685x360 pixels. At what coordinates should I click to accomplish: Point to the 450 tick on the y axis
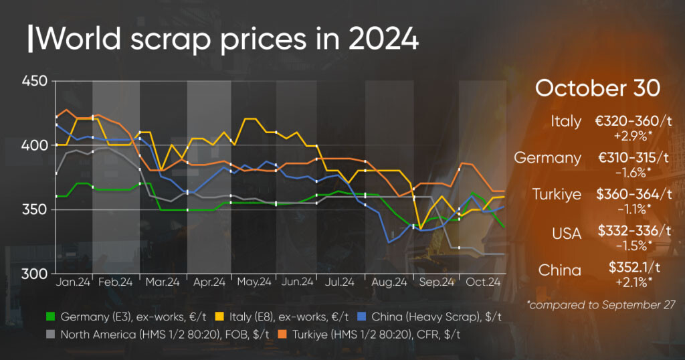pyautogui.click(x=35, y=81)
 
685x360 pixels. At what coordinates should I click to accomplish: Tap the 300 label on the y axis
pyautogui.click(x=35, y=274)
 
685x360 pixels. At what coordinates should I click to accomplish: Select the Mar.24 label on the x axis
pyautogui.click(x=163, y=283)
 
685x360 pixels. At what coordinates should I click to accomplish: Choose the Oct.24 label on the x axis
pyautogui.click(x=484, y=283)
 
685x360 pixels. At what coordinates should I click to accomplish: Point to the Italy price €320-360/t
pyautogui.click(x=633, y=121)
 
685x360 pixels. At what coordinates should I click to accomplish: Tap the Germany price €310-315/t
pyautogui.click(x=633, y=157)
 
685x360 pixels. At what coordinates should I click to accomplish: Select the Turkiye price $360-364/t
pyautogui.click(x=633, y=193)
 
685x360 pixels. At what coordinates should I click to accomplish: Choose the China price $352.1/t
pyautogui.click(x=633, y=268)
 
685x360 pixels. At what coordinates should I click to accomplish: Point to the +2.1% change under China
pyautogui.click(x=633, y=282)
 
